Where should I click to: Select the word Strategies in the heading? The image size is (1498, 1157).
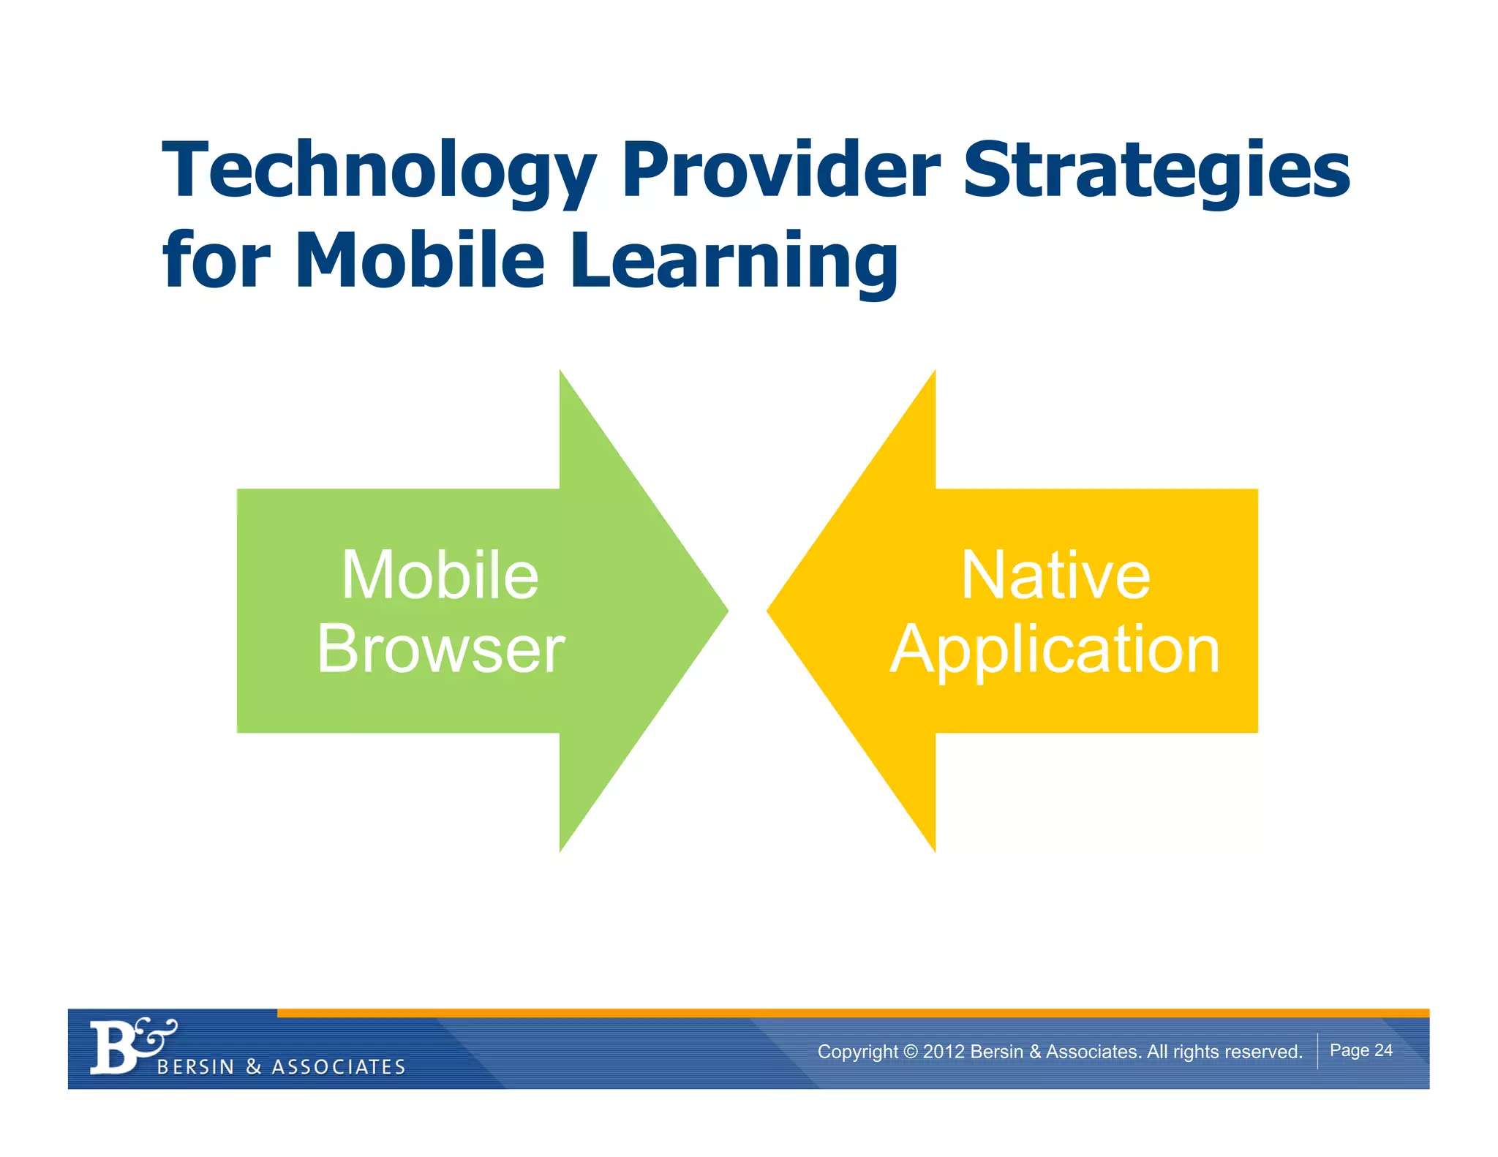[x=1156, y=172]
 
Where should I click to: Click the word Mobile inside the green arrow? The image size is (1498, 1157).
[x=440, y=576]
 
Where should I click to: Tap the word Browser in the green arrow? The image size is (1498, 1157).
[x=440, y=649]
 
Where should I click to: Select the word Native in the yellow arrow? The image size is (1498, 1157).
[x=1055, y=576]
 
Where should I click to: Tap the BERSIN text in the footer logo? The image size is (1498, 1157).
[x=195, y=1067]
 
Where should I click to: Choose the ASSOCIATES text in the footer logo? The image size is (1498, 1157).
[x=339, y=1067]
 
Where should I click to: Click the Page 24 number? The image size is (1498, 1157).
[x=1360, y=1050]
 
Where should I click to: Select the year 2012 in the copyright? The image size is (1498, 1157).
[x=943, y=1052]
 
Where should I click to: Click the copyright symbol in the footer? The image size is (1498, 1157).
[x=910, y=1052]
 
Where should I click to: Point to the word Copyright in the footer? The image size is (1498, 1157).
[x=857, y=1052]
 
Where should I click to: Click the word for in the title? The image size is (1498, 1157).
[x=217, y=260]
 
